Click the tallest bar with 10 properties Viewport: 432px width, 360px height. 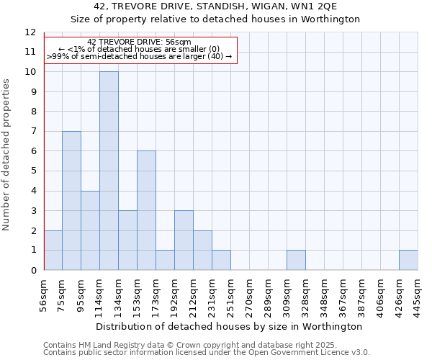(x=109, y=171)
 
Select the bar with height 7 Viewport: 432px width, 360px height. (x=71, y=201)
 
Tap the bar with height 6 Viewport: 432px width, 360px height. (x=146, y=210)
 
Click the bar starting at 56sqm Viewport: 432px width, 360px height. (x=53, y=251)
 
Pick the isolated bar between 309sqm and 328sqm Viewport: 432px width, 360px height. (x=296, y=260)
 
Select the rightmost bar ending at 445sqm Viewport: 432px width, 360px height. (x=408, y=260)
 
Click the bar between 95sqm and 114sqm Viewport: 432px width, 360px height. (x=90, y=230)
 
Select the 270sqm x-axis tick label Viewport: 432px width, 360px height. (x=249, y=293)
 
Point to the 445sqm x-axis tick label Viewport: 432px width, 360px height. (x=418, y=293)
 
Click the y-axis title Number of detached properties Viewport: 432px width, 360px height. (x=6, y=155)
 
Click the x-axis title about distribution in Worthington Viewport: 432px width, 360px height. (x=229, y=326)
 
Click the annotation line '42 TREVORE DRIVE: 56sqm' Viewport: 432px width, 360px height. (x=139, y=42)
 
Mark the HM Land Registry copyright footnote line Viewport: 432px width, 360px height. (x=190, y=345)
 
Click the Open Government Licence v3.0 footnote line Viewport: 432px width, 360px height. (x=207, y=353)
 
